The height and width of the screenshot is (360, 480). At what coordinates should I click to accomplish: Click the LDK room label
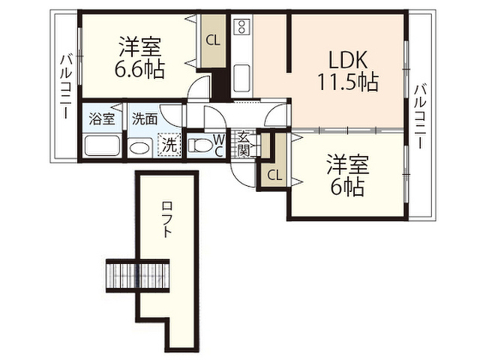[x=348, y=59]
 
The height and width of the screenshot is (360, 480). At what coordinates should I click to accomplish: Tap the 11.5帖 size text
[x=348, y=82]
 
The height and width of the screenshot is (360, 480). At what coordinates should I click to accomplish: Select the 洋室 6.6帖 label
[x=139, y=58]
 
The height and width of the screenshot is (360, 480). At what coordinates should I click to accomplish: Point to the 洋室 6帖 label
[x=347, y=175]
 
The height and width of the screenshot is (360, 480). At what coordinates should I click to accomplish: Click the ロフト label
[x=166, y=219]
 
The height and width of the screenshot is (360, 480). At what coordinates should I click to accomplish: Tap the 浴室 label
[x=102, y=118]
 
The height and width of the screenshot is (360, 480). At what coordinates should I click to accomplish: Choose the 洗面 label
[x=145, y=118]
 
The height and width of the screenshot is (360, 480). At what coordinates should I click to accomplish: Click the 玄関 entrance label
[x=244, y=143]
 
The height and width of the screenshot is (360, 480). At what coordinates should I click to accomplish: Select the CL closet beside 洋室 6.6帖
[x=213, y=40]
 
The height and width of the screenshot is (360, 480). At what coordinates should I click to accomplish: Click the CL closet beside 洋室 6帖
[x=274, y=175]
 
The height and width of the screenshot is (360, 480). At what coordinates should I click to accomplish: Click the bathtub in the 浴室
[x=102, y=145]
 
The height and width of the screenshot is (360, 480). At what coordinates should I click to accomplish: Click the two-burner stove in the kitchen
[x=241, y=26]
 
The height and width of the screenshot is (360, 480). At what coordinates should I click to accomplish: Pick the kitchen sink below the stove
[x=241, y=78]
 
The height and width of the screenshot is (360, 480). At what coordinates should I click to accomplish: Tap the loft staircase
[x=138, y=275]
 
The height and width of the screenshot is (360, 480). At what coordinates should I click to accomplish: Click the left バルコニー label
[x=66, y=87]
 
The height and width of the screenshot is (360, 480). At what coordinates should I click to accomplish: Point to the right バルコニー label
[x=420, y=116]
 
